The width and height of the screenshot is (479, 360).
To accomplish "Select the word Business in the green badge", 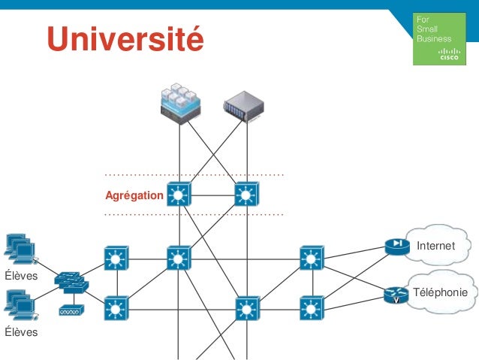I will click(x=435, y=38).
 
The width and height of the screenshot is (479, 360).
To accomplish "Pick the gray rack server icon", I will click(x=245, y=106).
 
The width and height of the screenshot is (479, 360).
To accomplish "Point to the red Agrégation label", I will click(x=134, y=196).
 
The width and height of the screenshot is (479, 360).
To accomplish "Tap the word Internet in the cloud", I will click(x=435, y=246).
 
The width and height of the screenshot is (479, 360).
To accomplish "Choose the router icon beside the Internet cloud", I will click(x=394, y=247).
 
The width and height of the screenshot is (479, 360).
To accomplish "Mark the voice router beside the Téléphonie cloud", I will click(x=394, y=295).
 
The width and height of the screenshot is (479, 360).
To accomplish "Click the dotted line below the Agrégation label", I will click(x=194, y=215).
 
